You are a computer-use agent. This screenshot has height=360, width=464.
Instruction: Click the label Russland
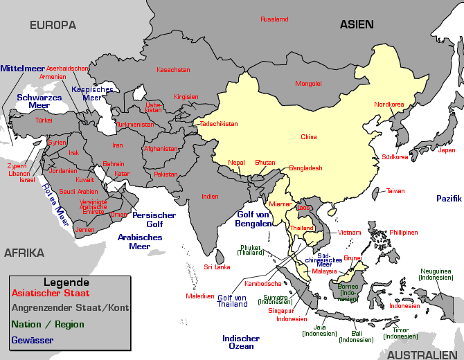[x=274, y=19]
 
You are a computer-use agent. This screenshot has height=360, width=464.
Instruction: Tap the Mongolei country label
[x=308, y=84]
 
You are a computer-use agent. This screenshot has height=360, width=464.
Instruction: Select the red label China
[x=308, y=137]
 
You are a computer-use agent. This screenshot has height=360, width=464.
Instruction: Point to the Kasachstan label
[x=173, y=70]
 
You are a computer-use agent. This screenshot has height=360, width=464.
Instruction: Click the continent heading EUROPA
[x=53, y=25]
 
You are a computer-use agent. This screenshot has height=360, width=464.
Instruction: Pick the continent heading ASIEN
[x=357, y=24]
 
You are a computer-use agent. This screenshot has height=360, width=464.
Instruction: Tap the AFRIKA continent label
[x=24, y=253]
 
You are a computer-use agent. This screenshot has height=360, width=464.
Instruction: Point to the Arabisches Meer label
[x=139, y=242]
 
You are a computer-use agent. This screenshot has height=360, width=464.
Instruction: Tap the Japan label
[x=447, y=150]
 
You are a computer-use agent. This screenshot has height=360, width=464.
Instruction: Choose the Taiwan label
[x=395, y=191]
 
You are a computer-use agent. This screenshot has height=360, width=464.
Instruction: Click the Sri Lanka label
[x=217, y=267]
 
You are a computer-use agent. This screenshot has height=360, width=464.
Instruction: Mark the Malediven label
[x=199, y=296]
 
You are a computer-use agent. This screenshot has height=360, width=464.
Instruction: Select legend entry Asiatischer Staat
[x=51, y=294]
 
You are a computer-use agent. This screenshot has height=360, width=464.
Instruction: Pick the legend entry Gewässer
[x=33, y=340]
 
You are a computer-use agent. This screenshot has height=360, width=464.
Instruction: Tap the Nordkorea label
[x=389, y=105]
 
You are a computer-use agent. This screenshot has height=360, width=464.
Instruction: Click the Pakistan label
[x=166, y=174]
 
